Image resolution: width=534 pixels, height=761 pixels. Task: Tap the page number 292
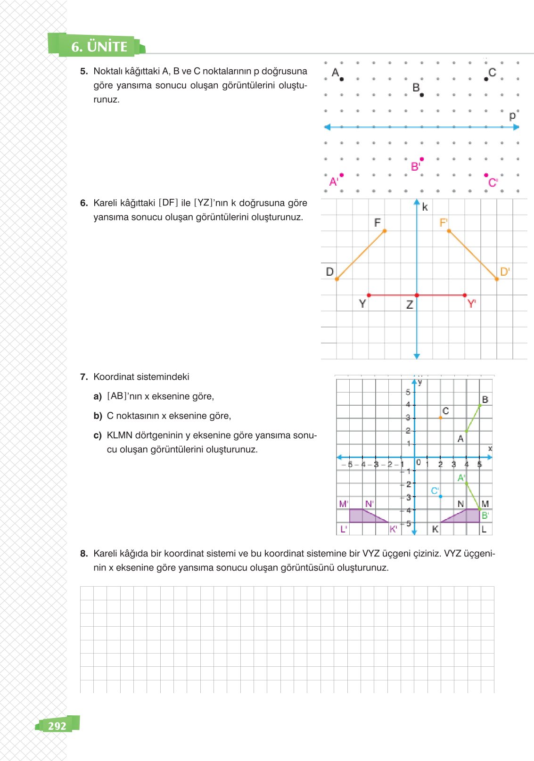[57, 726]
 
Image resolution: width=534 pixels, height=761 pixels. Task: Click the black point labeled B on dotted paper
[421, 95]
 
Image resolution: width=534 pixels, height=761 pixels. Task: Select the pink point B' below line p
[421, 159]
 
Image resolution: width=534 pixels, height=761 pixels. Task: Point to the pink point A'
[341, 175]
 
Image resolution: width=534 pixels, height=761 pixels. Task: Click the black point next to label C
[486, 79]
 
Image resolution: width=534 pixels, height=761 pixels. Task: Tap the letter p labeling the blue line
[512, 115]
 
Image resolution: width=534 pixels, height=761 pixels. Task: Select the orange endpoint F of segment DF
[385, 231]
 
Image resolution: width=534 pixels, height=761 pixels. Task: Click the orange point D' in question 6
[497, 279]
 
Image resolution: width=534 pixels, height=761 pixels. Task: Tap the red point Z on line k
[417, 295]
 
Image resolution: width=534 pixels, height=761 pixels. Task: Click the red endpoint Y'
[465, 295]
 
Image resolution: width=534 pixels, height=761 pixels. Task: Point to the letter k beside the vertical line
[425, 207]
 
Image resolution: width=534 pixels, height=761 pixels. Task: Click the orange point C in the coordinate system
[440, 417]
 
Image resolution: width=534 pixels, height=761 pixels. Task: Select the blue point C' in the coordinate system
[440, 496]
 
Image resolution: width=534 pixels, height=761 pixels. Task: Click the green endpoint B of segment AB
[480, 405]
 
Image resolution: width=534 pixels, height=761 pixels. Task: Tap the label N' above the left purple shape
[369, 504]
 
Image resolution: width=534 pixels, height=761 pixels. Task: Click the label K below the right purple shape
[435, 529]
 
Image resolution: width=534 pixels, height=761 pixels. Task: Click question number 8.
[84, 553]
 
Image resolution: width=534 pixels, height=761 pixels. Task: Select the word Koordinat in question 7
[113, 376]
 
